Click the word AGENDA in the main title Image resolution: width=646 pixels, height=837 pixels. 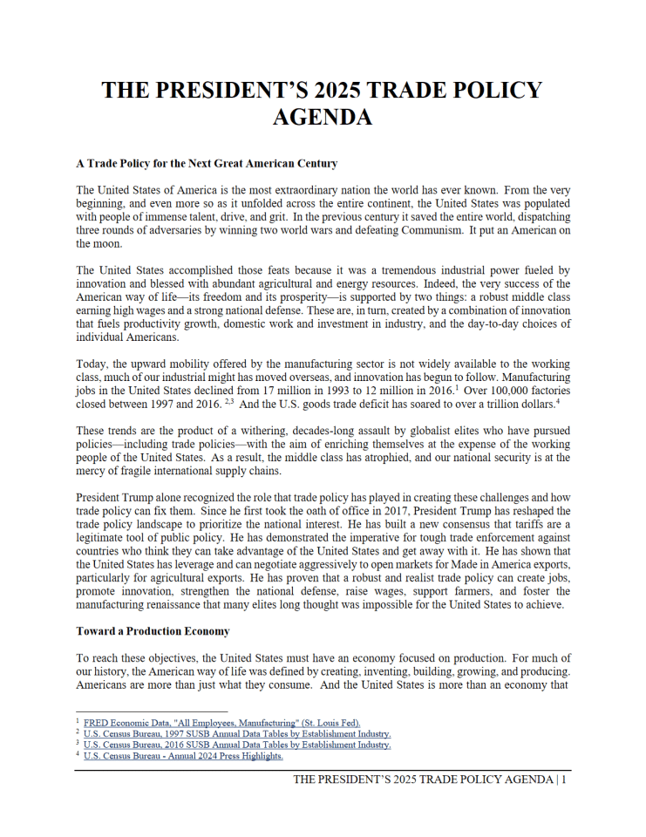(x=323, y=117)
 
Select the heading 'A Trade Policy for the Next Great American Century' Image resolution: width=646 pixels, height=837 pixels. (x=207, y=163)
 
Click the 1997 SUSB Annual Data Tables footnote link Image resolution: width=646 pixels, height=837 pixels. (x=237, y=734)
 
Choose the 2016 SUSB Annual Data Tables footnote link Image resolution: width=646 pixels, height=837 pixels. (x=237, y=745)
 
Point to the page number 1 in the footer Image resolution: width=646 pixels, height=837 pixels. (x=565, y=779)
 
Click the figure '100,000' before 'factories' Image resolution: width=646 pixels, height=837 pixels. (x=500, y=391)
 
